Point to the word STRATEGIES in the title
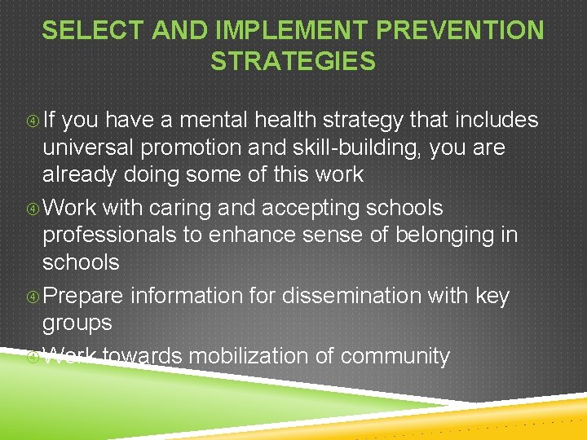(x=293, y=61)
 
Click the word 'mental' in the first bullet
(x=210, y=121)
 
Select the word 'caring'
(x=174, y=208)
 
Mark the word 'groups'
(x=77, y=323)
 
